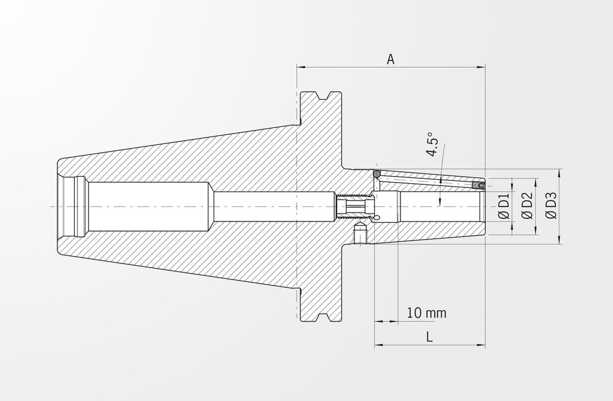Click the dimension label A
[390, 59]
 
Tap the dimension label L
[429, 336]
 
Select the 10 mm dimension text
[426, 312]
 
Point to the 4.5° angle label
[432, 144]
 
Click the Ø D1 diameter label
[504, 206]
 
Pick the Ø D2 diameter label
[528, 206]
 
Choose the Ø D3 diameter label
[551, 206]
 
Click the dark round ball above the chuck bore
[376, 173]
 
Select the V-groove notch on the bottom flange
[321, 317]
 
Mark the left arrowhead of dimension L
[379, 345]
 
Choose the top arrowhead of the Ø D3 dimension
[560, 173]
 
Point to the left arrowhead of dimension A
[301, 68]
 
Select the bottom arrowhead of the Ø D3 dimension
[560, 239]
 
